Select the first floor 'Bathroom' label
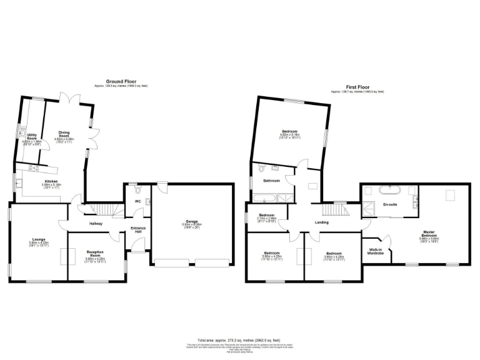tap(271, 181)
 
